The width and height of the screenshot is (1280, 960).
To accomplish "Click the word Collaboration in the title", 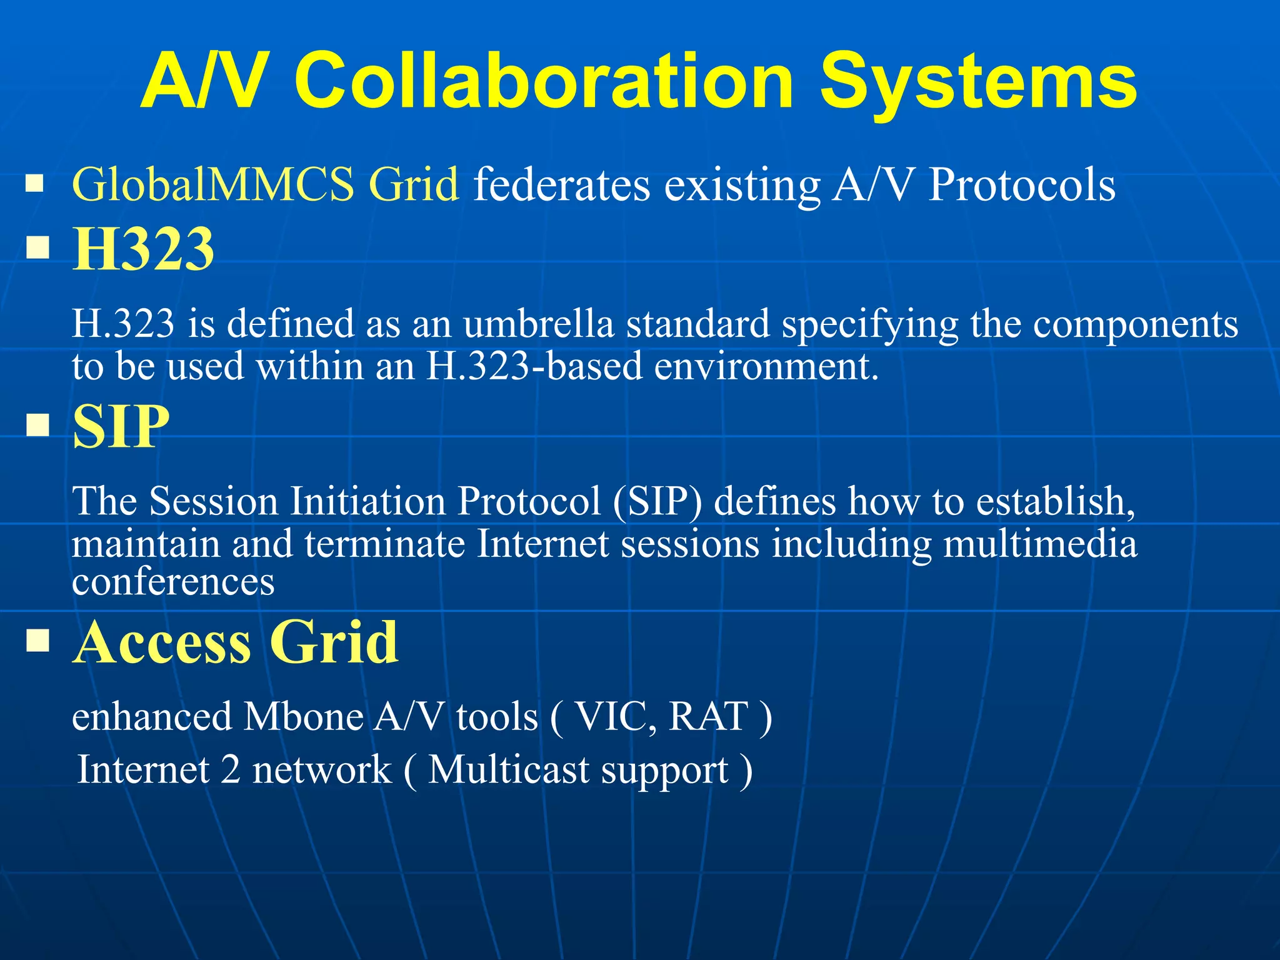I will pyautogui.click(x=544, y=81).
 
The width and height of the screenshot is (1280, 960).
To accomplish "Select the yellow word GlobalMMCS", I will pyautogui.click(x=213, y=185).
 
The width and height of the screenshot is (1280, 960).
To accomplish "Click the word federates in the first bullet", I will pyautogui.click(x=561, y=185).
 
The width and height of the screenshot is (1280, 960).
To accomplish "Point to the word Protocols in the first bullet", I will pyautogui.click(x=1021, y=185).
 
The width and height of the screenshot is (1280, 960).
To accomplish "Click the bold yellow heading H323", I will pyautogui.click(x=143, y=249).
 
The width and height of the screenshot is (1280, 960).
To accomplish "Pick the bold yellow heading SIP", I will pyautogui.click(x=121, y=427).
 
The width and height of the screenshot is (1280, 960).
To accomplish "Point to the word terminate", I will pyautogui.click(x=384, y=544).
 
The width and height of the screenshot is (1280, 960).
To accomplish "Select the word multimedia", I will pyautogui.click(x=1040, y=544).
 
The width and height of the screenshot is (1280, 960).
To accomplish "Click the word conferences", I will pyautogui.click(x=173, y=582).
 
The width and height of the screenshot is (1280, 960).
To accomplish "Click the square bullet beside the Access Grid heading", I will pyautogui.click(x=38, y=641).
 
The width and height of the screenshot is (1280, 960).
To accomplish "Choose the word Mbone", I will pyautogui.click(x=303, y=716).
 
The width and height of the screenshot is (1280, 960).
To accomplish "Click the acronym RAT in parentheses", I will pyautogui.click(x=708, y=716).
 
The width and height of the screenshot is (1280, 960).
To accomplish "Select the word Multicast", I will pyautogui.click(x=508, y=770).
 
